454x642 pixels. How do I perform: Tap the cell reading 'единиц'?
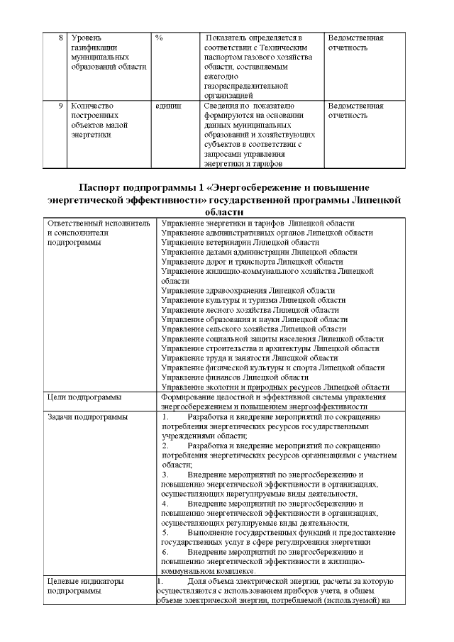tap(168, 106)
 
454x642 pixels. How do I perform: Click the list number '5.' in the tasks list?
tap(165, 532)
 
